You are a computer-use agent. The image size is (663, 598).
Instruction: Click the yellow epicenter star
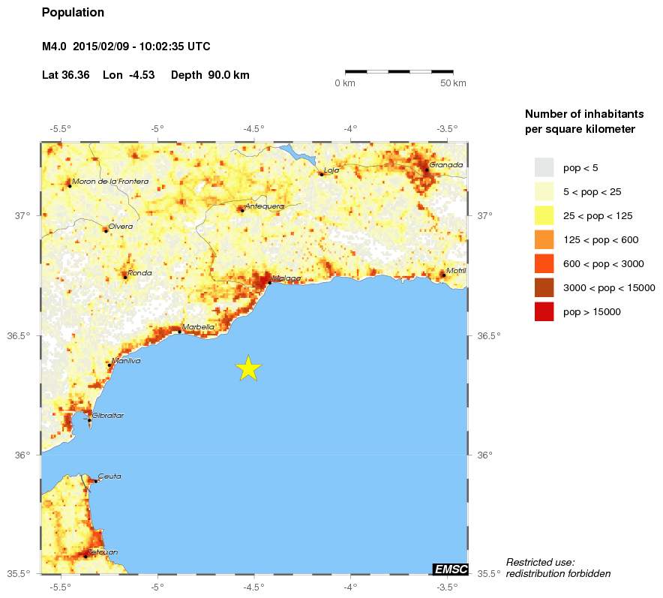click(x=248, y=368)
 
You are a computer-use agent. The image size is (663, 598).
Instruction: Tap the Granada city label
click(x=446, y=164)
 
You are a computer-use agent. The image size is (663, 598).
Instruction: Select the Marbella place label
click(x=198, y=326)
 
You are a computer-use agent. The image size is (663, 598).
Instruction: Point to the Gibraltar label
click(x=108, y=415)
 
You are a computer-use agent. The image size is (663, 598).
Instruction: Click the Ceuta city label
click(x=109, y=476)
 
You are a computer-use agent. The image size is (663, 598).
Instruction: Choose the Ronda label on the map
click(x=139, y=273)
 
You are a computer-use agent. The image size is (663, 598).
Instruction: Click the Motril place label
click(x=456, y=270)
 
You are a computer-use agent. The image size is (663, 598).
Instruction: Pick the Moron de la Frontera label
click(x=110, y=181)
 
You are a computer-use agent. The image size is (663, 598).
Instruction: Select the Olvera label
click(x=121, y=226)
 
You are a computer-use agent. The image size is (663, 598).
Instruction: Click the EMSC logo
click(x=451, y=569)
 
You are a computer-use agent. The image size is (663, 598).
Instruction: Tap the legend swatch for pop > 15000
click(x=544, y=312)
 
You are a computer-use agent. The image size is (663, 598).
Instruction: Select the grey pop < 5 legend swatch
click(x=544, y=167)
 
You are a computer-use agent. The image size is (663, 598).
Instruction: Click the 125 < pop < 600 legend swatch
click(x=544, y=239)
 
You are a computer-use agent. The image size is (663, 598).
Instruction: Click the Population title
click(x=73, y=13)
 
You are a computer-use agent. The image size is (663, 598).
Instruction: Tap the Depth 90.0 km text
click(x=210, y=75)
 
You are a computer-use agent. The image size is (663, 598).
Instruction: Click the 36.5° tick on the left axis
click(x=22, y=335)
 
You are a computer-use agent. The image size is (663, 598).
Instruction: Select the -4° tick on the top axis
click(x=349, y=128)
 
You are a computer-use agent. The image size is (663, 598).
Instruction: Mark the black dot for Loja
click(x=321, y=174)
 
